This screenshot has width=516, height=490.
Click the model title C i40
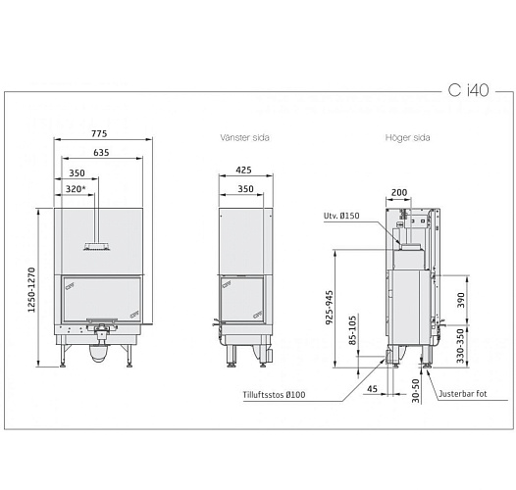click(x=467, y=90)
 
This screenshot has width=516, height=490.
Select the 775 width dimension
click(x=99, y=133)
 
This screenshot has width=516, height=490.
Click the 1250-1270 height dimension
click(x=32, y=291)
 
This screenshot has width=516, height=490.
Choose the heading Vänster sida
click(x=245, y=139)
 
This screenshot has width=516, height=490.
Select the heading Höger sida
click(x=403, y=139)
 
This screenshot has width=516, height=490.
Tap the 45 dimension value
click(x=373, y=389)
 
